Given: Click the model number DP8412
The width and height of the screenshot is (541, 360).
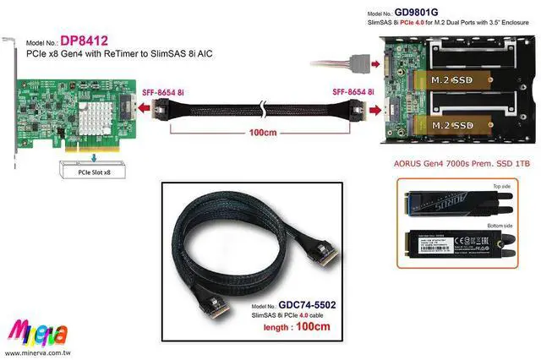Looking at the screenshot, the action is click(85, 41).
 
